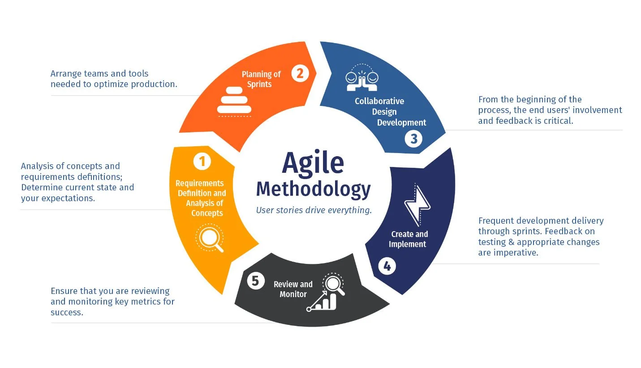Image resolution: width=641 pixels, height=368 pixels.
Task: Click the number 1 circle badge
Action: (202, 161)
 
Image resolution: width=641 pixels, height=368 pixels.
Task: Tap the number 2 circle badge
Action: (300, 73)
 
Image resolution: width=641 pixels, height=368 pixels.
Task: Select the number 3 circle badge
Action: (413, 139)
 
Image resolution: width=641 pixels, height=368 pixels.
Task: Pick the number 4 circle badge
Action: (387, 267)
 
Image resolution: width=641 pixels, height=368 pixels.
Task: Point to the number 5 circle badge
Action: (255, 281)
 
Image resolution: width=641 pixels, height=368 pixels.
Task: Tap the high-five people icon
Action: (362, 77)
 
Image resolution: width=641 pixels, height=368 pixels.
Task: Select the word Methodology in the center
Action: (313, 189)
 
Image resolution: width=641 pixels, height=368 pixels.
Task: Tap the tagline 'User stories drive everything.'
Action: (314, 210)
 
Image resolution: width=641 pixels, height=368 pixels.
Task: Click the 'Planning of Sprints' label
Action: (261, 79)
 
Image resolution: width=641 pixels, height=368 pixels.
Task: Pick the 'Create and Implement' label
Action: (409, 239)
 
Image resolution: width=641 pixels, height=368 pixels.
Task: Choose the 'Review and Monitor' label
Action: (293, 289)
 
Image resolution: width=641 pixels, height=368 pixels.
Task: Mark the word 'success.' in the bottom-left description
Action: (67, 312)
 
